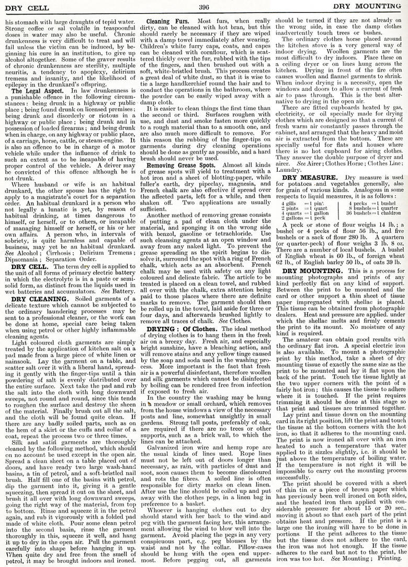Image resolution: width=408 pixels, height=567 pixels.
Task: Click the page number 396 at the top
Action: (x=204, y=7)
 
